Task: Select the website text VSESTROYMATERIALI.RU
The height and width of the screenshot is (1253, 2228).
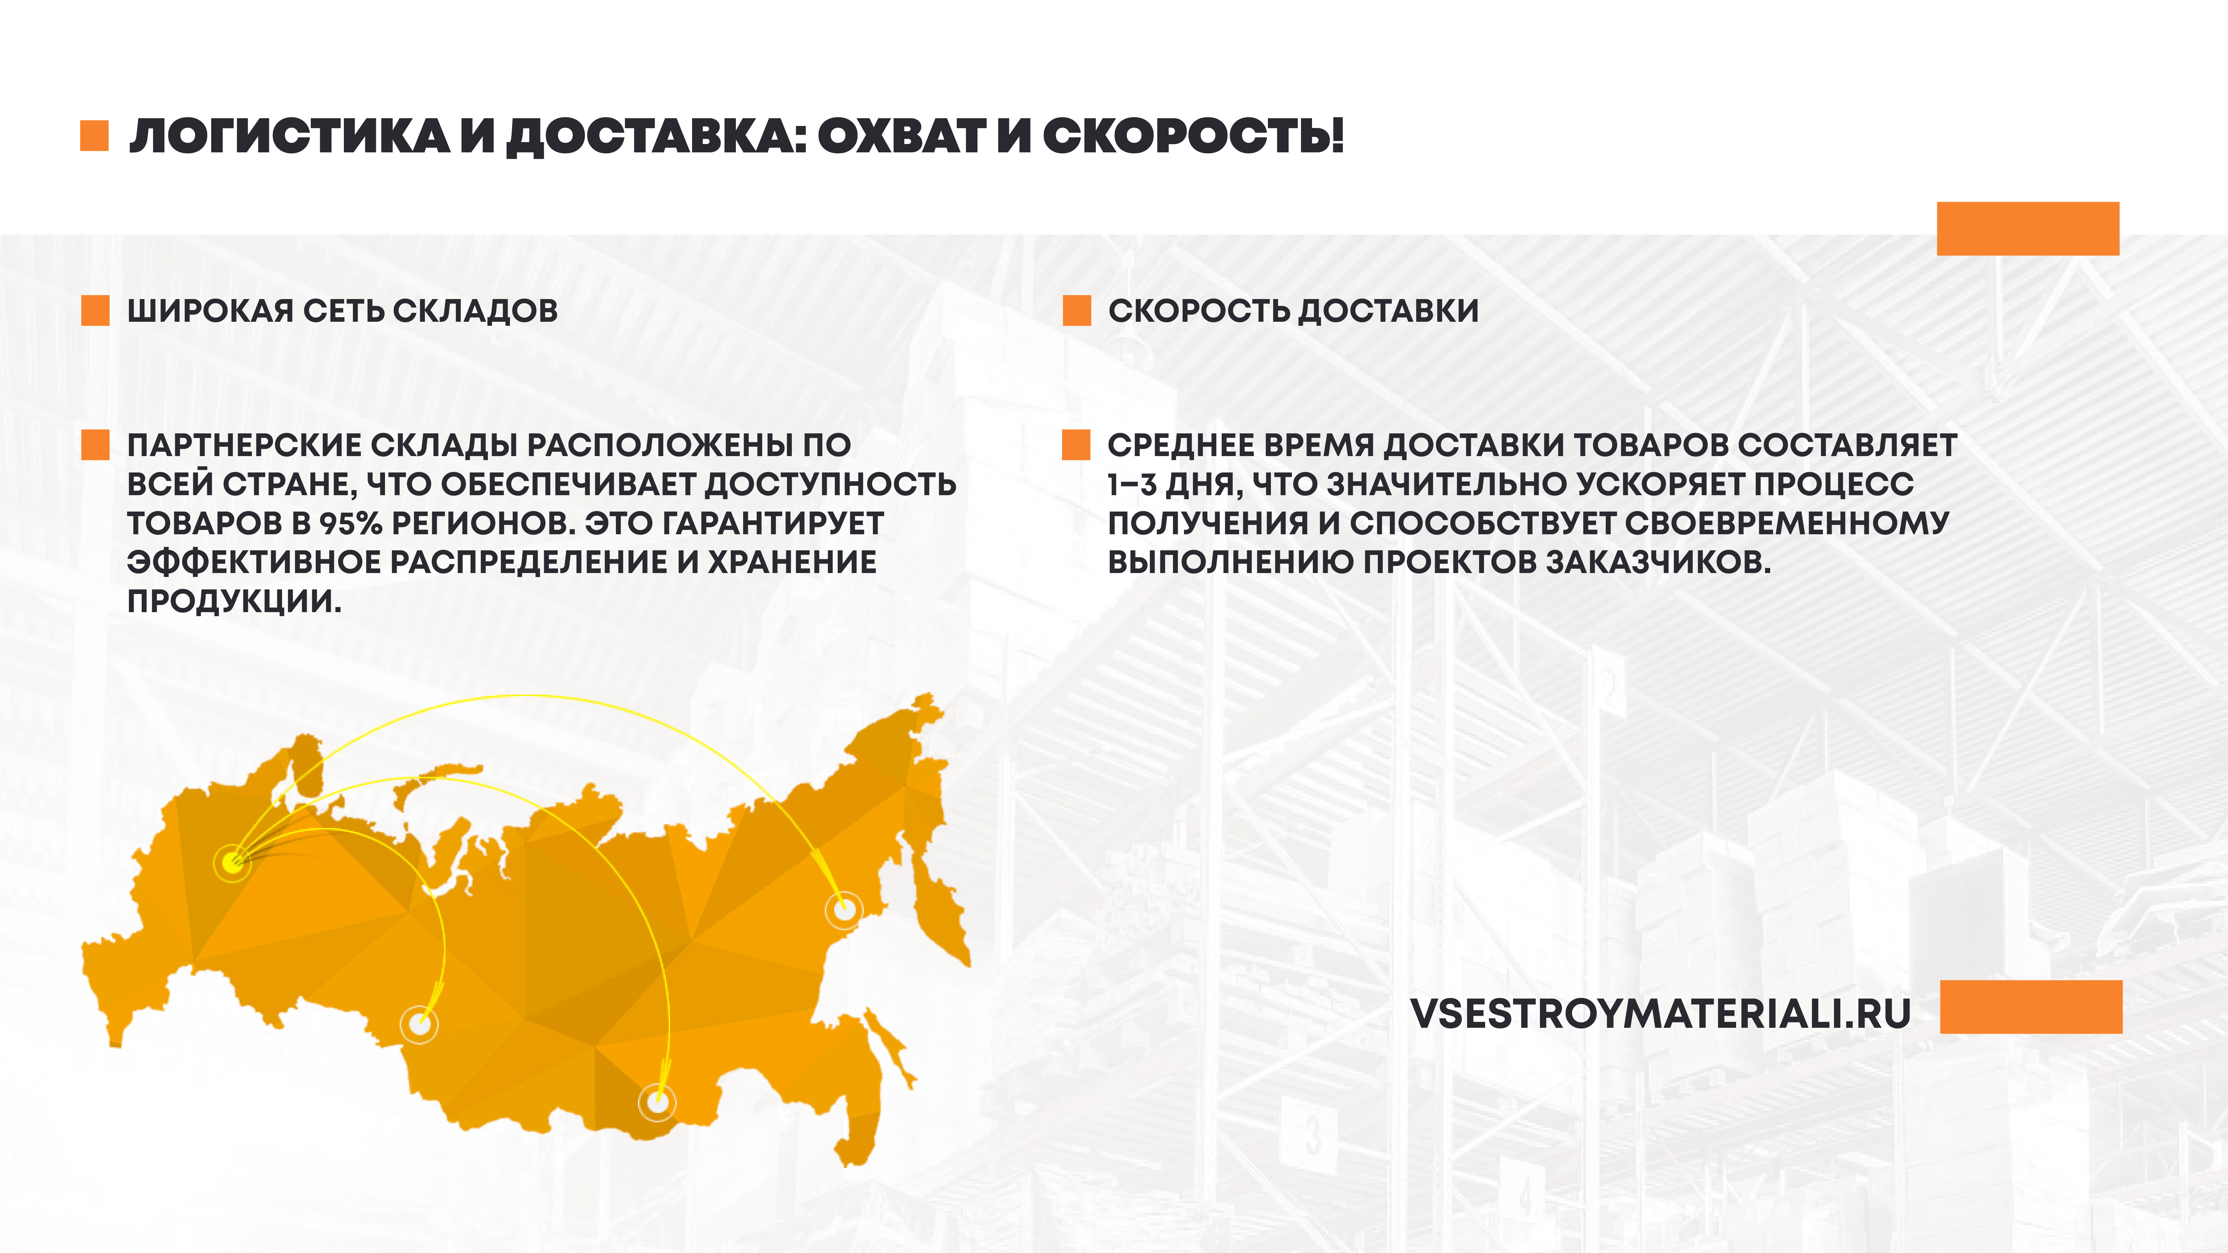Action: pos(1661,1013)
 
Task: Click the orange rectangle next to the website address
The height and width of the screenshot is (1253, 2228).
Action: pos(2031,1006)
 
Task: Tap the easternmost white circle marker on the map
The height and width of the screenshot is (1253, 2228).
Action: pos(843,910)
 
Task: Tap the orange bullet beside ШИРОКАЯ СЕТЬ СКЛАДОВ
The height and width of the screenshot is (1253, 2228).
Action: pos(95,310)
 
